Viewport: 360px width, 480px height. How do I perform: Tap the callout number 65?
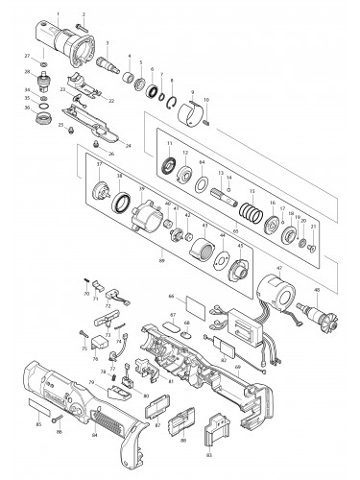point(234,229)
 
